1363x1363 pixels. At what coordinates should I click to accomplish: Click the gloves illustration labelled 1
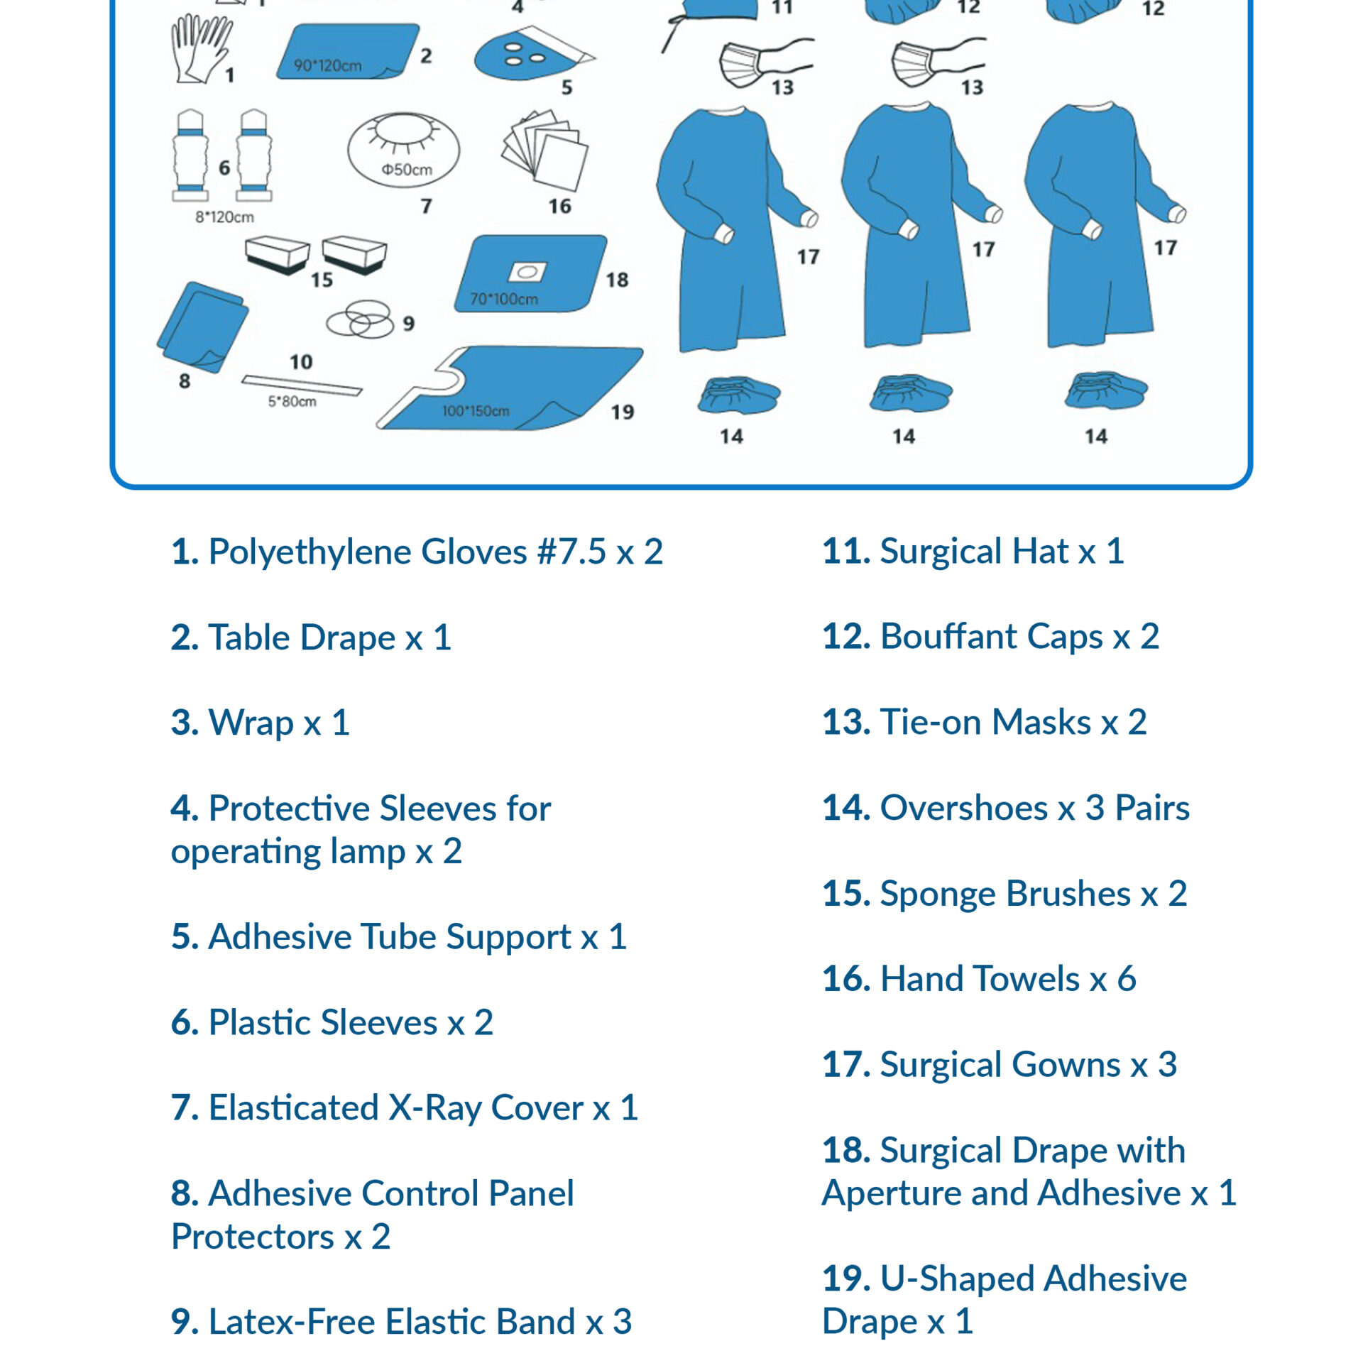click(202, 48)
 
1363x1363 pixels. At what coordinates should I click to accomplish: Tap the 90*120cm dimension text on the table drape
click(328, 66)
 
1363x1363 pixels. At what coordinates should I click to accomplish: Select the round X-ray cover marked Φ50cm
click(403, 150)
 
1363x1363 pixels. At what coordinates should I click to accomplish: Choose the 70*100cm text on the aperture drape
click(504, 299)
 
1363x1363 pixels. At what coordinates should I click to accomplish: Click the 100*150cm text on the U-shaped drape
click(476, 411)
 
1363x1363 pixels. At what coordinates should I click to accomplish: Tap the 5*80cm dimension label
click(292, 402)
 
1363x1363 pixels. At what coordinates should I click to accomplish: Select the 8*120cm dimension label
click(224, 217)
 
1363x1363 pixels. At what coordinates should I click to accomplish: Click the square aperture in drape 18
click(527, 272)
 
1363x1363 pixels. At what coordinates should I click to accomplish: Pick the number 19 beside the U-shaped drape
click(623, 412)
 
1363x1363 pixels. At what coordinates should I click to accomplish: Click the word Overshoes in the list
click(964, 808)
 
